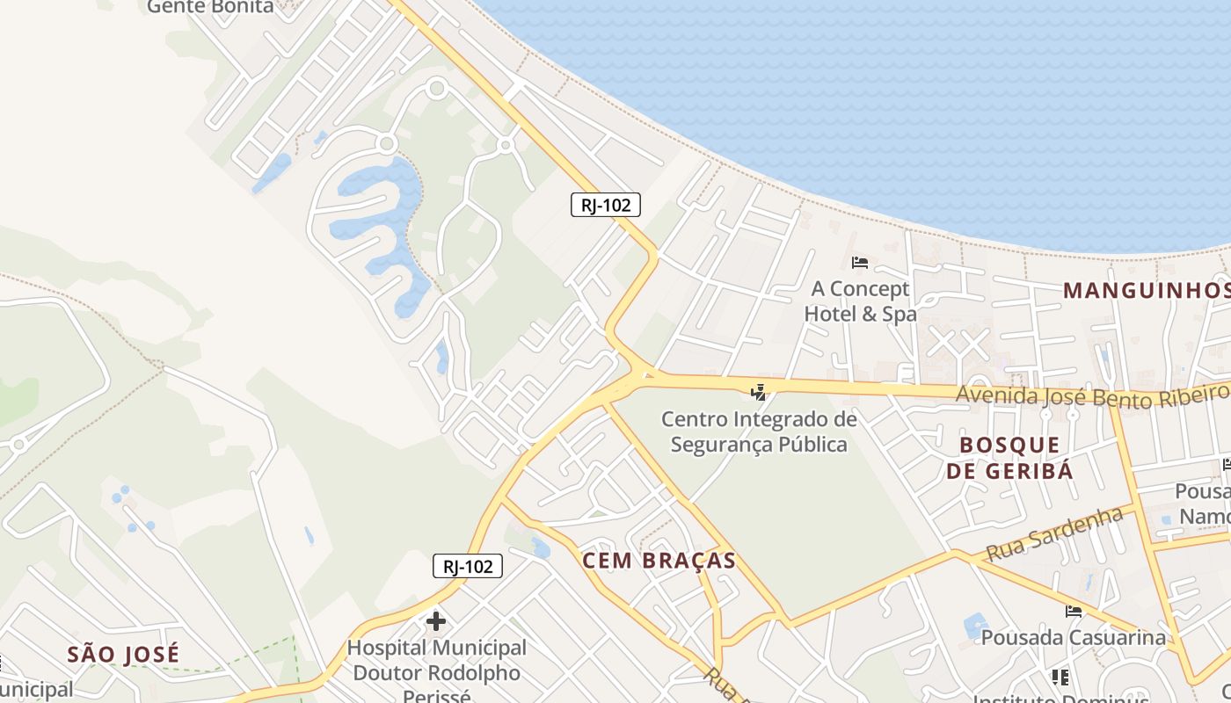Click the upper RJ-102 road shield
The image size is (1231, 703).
click(x=605, y=206)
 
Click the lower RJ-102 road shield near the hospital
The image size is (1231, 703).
click(x=467, y=567)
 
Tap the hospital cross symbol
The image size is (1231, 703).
click(x=435, y=622)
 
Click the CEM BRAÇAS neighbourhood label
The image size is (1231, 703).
click(x=659, y=561)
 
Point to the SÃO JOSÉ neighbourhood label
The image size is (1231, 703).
click(x=123, y=654)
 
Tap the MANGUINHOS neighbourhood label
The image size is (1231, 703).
click(x=1145, y=290)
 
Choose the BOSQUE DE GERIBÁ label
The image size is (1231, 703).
click(x=1009, y=458)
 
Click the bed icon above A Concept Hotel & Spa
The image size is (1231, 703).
click(x=859, y=262)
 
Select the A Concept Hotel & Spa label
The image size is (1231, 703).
click(x=860, y=301)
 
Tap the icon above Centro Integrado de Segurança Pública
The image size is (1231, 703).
click(x=759, y=392)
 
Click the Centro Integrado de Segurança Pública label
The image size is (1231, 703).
click(x=759, y=431)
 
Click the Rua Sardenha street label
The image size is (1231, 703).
click(x=1055, y=534)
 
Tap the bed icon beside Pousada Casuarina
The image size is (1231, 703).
click(x=1073, y=611)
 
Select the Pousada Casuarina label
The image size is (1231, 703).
click(x=1073, y=636)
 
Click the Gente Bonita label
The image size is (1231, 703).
click(x=211, y=7)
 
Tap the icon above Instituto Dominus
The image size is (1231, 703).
click(x=1060, y=677)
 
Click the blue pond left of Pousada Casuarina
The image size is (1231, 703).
click(x=975, y=626)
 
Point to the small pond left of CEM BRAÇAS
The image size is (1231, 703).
click(x=541, y=548)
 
